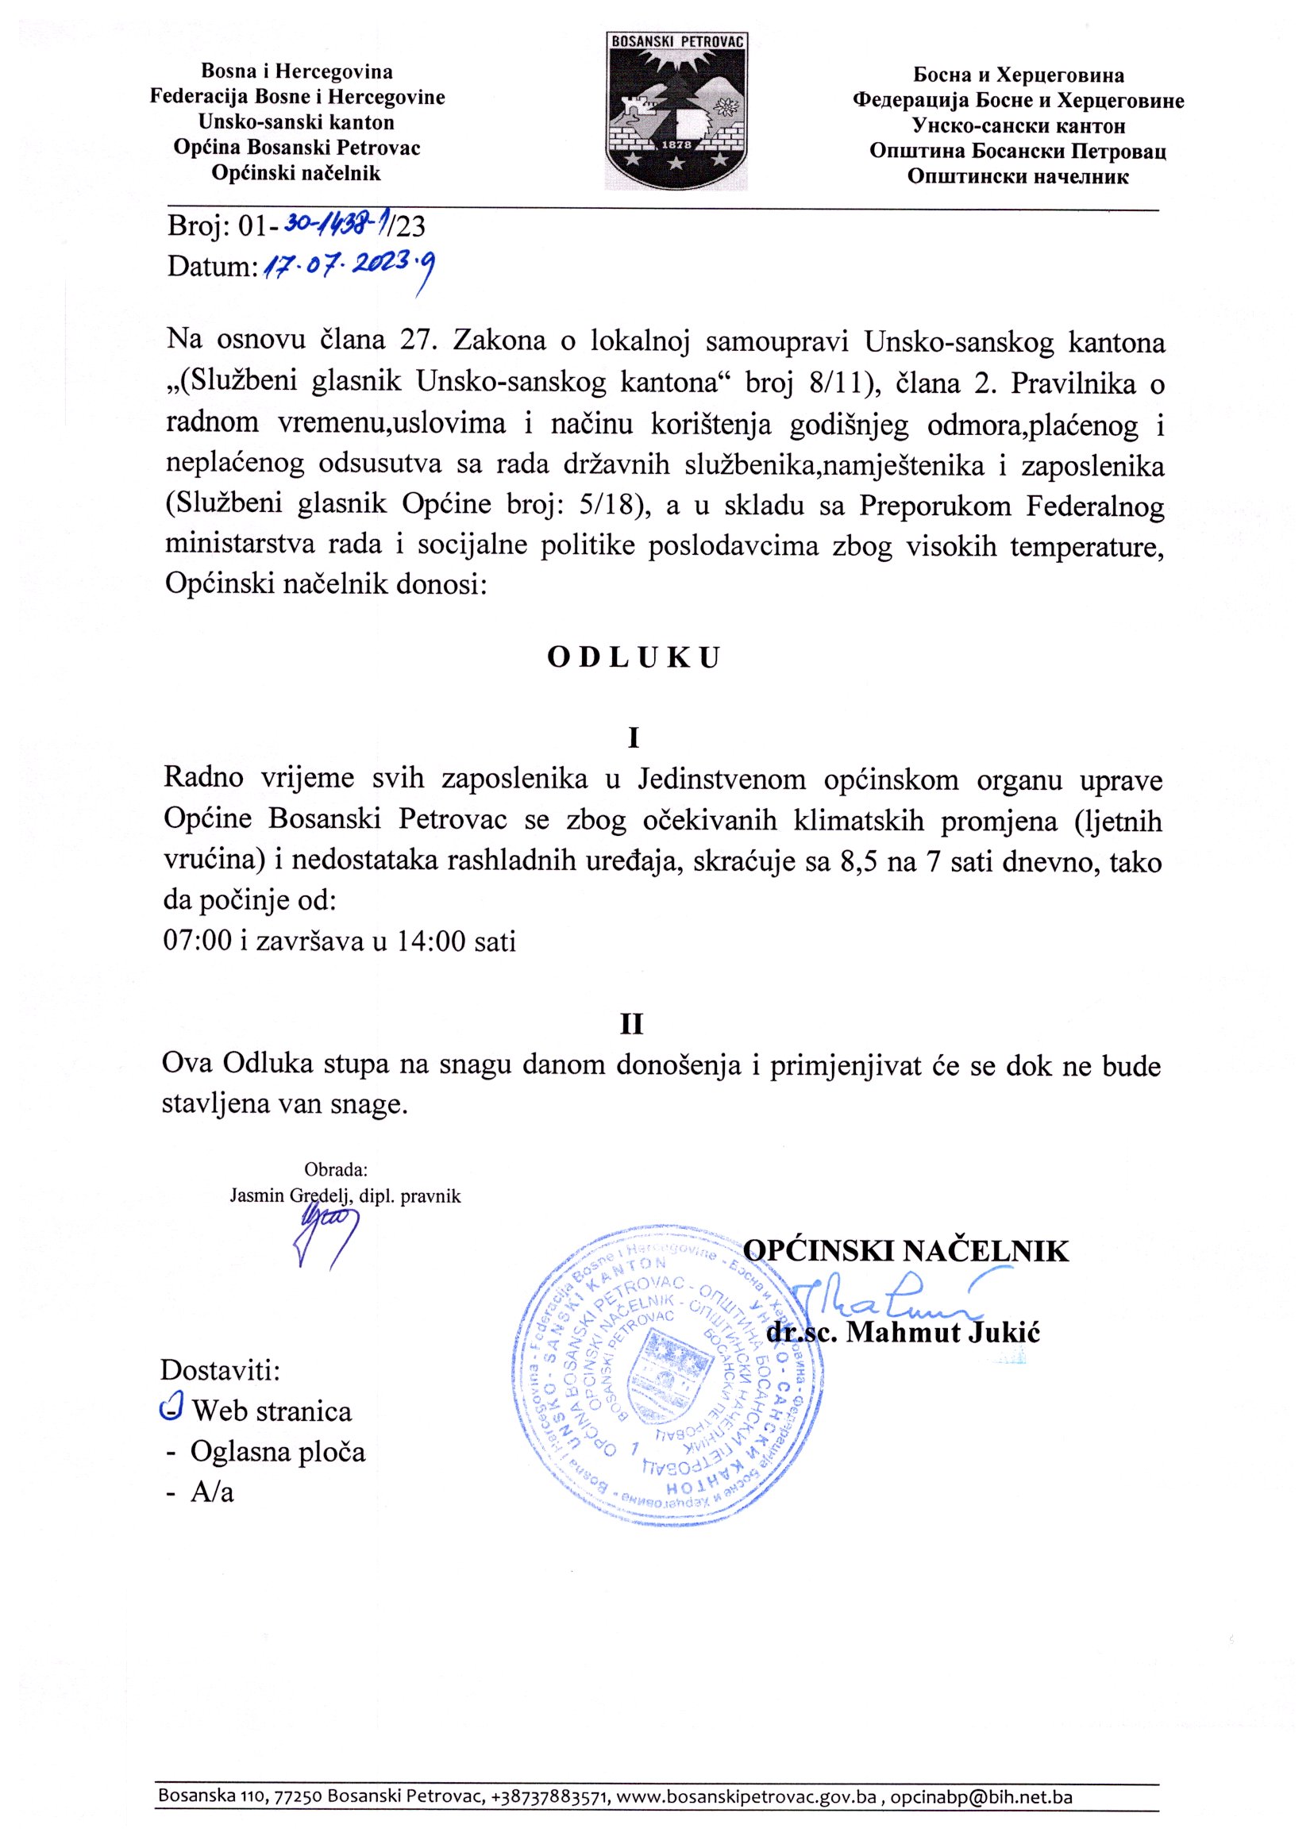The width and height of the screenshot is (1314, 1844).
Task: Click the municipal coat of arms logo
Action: [677, 111]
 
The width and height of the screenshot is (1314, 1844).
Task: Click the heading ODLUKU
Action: [633, 657]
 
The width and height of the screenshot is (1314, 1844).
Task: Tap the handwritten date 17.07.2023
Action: [346, 268]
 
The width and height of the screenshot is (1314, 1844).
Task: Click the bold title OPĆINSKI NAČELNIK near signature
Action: [905, 1251]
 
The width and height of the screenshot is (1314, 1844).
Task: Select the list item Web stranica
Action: [271, 1411]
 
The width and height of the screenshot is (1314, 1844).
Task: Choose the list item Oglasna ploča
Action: [278, 1452]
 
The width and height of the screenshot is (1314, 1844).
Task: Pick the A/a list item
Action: [212, 1492]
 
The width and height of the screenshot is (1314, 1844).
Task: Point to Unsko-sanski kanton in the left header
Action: [297, 122]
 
